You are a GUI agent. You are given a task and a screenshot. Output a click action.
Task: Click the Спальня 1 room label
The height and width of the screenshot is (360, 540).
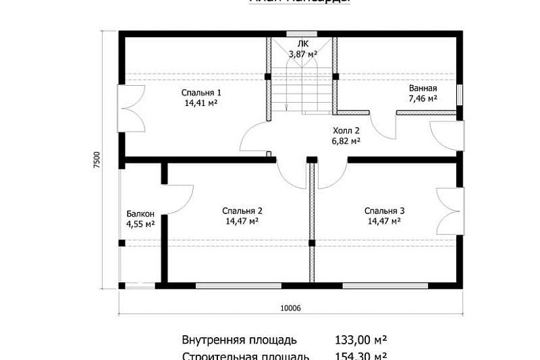click(201, 93)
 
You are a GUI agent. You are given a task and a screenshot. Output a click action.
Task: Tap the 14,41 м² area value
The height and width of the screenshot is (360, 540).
click(201, 103)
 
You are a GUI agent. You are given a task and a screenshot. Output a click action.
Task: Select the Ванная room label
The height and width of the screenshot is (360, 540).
click(423, 88)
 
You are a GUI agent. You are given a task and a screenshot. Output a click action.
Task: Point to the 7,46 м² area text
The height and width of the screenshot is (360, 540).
click(423, 98)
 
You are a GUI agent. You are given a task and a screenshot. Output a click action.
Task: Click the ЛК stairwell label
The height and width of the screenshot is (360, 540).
click(302, 44)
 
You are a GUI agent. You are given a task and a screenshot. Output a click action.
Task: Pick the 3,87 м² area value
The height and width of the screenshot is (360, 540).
click(302, 53)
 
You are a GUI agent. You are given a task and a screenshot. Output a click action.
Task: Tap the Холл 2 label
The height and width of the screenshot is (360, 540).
click(346, 130)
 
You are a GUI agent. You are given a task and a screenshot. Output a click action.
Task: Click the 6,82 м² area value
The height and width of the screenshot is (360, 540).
click(346, 140)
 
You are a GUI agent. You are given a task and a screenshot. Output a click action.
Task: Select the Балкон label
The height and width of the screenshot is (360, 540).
click(140, 214)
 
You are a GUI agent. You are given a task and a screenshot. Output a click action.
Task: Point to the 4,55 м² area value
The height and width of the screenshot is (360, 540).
click(140, 224)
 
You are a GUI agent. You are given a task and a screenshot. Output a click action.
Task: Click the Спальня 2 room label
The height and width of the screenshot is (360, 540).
click(242, 211)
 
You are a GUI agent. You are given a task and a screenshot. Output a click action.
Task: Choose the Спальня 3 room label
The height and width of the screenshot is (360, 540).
click(384, 211)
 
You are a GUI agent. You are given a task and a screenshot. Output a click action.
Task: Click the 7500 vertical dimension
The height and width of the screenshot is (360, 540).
click(97, 160)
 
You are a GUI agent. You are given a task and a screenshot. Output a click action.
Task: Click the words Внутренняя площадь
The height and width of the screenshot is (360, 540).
click(239, 340)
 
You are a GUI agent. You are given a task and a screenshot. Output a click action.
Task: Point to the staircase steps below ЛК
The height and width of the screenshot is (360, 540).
click(302, 92)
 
